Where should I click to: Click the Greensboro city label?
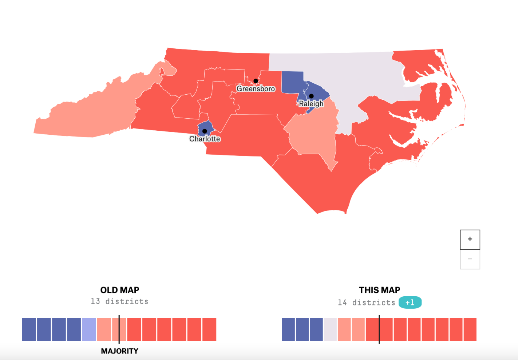(256, 89)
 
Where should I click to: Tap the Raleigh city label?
(311, 104)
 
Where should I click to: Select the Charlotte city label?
(205, 139)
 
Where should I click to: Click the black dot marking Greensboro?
(256, 81)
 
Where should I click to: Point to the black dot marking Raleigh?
(311, 96)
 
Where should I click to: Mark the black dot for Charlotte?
(205, 131)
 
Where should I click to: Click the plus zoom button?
(470, 240)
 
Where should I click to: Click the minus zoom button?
(470, 259)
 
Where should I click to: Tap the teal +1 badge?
(410, 302)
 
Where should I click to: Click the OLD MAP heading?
(120, 290)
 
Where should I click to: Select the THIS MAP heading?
(379, 290)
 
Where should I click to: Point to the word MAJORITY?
(119, 351)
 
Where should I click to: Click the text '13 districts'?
(119, 301)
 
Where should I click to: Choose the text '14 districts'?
(366, 302)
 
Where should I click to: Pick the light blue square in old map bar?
(89, 329)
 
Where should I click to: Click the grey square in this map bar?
(330, 329)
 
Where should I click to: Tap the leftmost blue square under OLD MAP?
(29, 329)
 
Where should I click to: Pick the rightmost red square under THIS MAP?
(470, 329)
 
